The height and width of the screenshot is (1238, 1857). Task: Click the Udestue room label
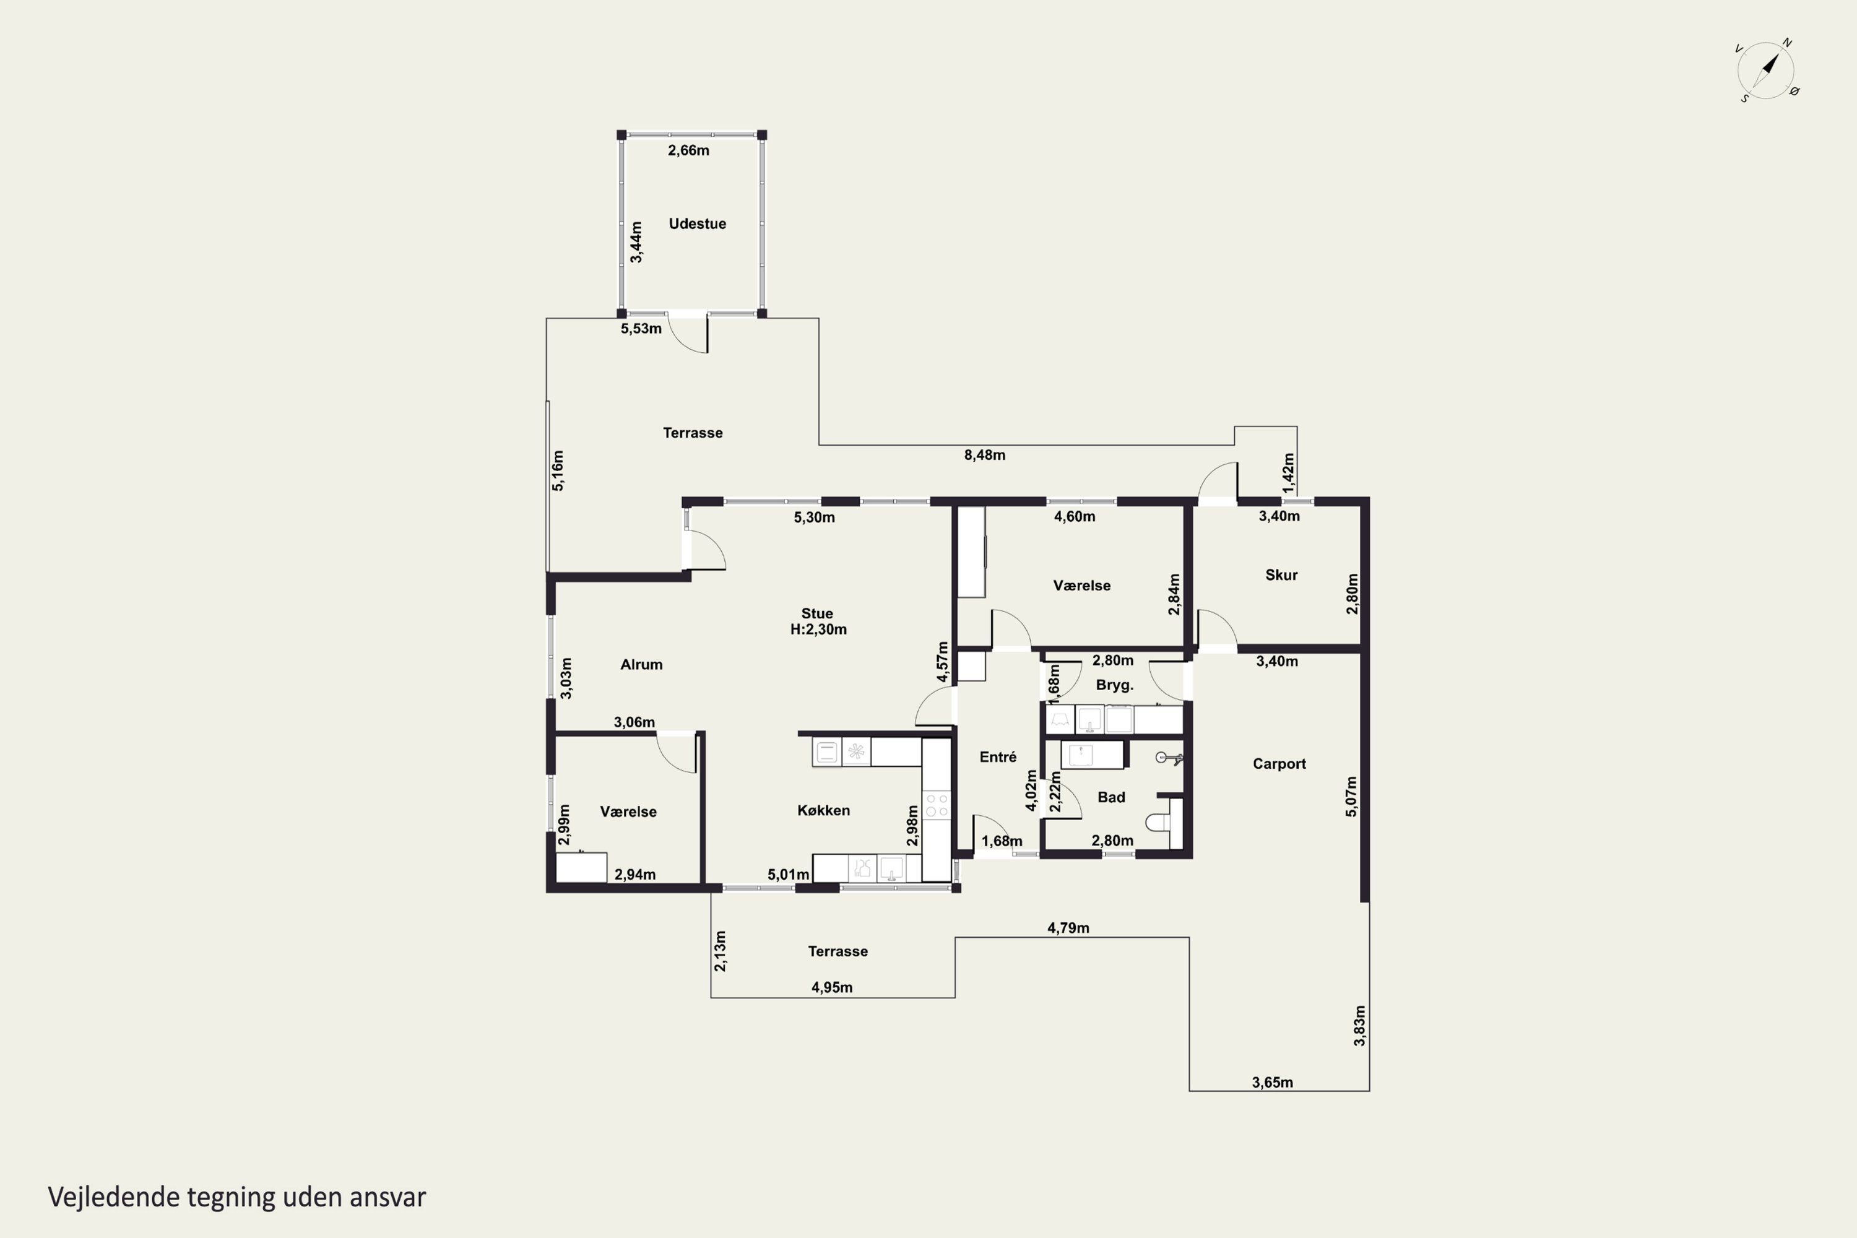coord(697,223)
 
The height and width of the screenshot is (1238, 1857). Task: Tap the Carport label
coord(1279,763)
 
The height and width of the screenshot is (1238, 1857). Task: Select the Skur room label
coord(1281,575)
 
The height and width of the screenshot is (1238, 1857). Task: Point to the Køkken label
coord(823,810)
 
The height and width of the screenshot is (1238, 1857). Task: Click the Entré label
coord(998,756)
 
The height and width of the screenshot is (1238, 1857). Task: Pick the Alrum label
coord(641,664)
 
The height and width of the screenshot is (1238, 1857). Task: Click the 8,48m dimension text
coord(985,455)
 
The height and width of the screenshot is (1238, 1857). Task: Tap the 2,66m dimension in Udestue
coord(688,150)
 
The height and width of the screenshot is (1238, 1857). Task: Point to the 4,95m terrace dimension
coord(831,987)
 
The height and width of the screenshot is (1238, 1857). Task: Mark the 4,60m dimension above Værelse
coord(1075,516)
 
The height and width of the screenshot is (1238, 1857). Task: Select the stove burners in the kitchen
coord(937,805)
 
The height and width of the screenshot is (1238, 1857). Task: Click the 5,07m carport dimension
coord(1351,796)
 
